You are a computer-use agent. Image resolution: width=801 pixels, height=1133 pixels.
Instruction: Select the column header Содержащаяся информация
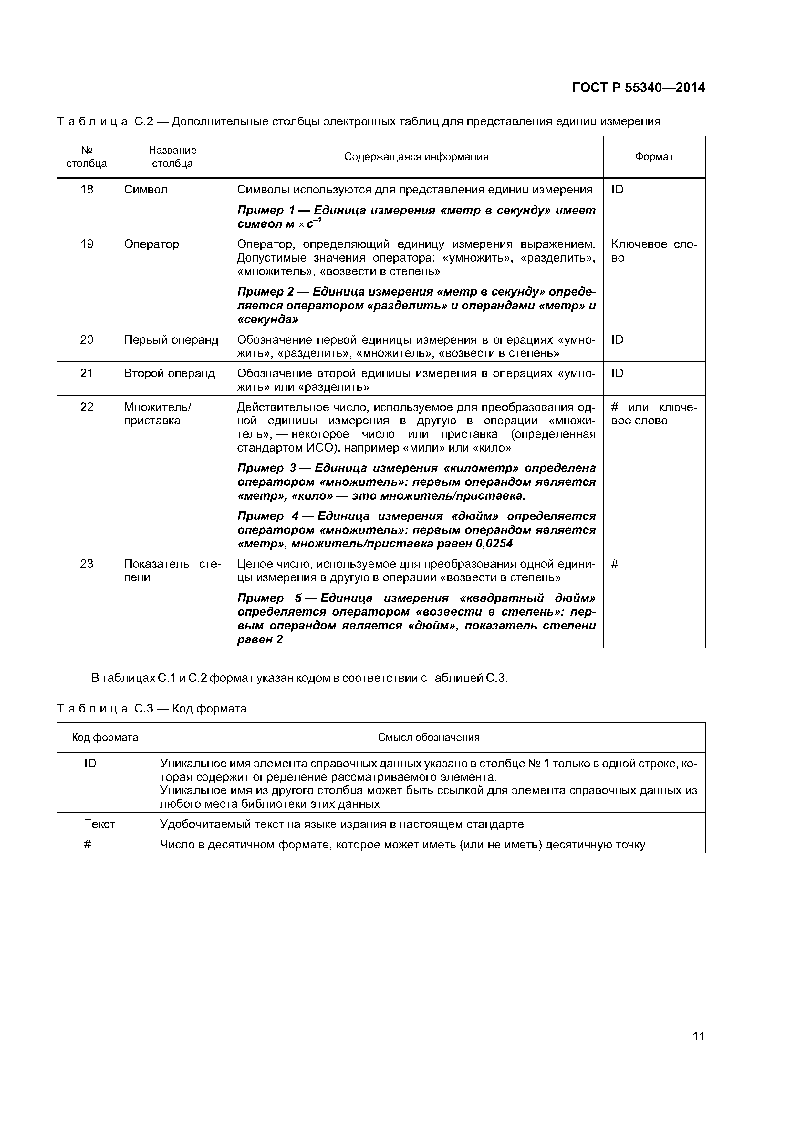coord(416,157)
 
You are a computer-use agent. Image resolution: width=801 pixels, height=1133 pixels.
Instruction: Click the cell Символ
coord(146,190)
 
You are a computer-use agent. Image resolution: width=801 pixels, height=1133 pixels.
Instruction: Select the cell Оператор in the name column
coord(151,244)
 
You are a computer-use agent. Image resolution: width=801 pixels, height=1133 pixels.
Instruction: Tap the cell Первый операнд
coord(171,339)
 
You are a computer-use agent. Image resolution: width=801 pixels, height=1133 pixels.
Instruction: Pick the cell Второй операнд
coord(169,373)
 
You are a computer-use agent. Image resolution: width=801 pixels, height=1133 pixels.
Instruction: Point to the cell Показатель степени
coord(172,570)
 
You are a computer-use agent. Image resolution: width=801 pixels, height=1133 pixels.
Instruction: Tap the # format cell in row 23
coord(614,564)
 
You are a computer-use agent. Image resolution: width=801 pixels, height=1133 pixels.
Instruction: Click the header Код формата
coord(105,737)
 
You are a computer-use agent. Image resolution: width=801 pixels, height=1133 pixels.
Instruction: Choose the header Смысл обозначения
coord(428,737)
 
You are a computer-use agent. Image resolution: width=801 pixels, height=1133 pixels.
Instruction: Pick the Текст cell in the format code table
coord(100,824)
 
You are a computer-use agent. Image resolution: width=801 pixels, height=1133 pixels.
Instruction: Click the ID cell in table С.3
coord(90,764)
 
